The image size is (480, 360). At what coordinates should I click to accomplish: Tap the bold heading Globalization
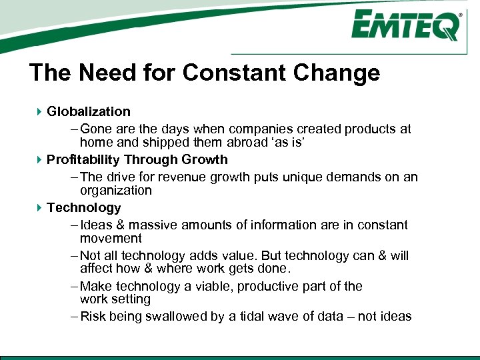[x=89, y=111]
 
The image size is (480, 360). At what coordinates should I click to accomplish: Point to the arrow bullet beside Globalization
[x=40, y=111]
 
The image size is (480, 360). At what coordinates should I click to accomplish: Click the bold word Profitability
[x=83, y=160]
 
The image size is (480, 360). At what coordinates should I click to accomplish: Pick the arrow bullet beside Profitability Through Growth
[x=40, y=160]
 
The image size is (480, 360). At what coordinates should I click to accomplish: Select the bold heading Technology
[x=84, y=208]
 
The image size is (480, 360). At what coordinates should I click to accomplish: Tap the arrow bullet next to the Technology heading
[x=40, y=208]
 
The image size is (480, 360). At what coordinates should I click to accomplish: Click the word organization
[x=116, y=190]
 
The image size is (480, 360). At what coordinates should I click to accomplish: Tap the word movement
[x=111, y=238]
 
